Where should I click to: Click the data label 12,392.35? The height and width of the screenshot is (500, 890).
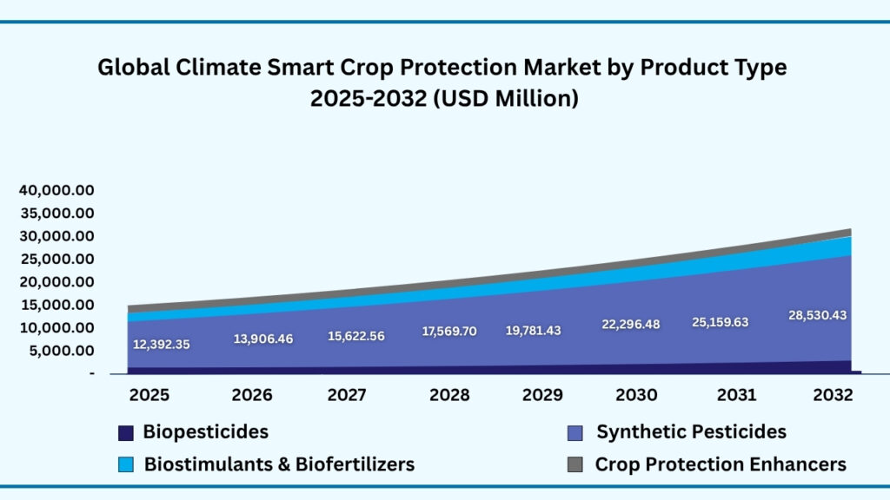point(161,345)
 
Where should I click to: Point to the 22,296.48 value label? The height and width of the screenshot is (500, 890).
point(630,325)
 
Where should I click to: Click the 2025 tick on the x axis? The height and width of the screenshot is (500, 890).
point(149,396)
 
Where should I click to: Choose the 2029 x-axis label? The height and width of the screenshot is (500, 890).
point(542,396)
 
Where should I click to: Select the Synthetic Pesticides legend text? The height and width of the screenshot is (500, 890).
point(691,432)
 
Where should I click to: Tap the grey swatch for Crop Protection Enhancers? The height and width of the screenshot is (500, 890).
point(575,465)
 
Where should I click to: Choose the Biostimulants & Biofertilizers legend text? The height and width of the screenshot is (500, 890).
point(279,464)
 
